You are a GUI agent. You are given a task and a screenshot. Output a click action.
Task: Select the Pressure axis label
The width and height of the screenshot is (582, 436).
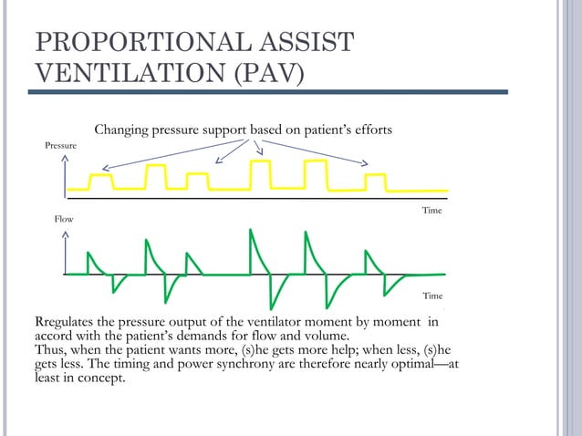pos(60,146)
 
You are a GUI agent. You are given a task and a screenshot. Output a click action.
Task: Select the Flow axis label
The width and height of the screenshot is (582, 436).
pos(63,220)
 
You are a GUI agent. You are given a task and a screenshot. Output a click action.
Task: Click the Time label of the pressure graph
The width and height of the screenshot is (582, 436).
pos(431,211)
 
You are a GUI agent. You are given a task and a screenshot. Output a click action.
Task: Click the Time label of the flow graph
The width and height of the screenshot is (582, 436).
pos(432,296)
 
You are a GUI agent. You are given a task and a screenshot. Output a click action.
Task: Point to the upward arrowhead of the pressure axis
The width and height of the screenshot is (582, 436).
pos(66,158)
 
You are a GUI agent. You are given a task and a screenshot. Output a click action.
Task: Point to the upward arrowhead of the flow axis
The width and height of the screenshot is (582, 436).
pos(66,232)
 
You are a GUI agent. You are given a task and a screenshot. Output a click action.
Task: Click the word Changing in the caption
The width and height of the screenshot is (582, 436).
pos(123,130)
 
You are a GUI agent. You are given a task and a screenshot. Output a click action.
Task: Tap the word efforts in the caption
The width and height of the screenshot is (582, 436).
pos(371,130)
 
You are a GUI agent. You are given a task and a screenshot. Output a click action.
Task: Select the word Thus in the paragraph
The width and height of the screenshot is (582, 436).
pos(50,349)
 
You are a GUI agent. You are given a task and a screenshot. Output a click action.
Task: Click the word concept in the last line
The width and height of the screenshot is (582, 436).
pos(99,379)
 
